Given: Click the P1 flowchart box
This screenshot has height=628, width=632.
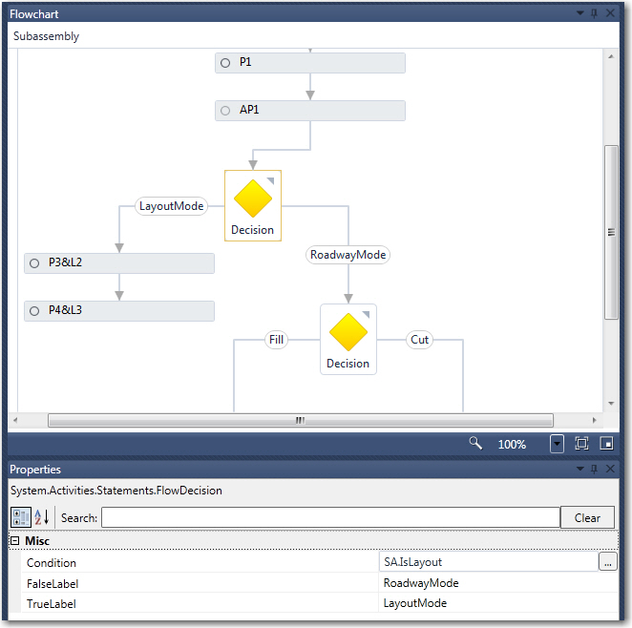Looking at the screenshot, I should point(309,63).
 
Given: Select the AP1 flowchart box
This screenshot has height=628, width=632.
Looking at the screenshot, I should point(309,111).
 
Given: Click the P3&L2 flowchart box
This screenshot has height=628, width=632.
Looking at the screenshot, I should point(118,263).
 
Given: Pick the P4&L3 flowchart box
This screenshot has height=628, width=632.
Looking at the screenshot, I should point(118,311).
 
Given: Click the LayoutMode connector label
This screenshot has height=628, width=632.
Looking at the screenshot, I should point(172,206).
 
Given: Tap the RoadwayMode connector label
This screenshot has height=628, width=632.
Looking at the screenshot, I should point(348,255).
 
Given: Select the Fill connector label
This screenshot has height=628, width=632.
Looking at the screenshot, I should point(276,340).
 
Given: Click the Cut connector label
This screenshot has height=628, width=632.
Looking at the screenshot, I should point(419,340).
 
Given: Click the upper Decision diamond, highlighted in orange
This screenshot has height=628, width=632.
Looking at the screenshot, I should point(253,199).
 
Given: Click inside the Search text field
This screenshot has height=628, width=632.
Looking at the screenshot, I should point(330,517).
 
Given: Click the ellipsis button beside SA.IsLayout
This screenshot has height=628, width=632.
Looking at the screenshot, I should point(607,563).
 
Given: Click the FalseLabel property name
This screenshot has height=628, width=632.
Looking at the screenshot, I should point(53,583).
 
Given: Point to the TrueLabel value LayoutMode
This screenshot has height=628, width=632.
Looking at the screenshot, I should point(415,603).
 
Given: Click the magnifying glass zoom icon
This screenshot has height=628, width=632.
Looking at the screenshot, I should point(474,444).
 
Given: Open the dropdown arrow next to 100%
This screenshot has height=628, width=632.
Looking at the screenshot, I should point(558,444).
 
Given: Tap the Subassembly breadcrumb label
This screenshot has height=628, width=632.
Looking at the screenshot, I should point(47,36).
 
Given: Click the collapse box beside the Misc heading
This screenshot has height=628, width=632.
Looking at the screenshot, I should point(14,541).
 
